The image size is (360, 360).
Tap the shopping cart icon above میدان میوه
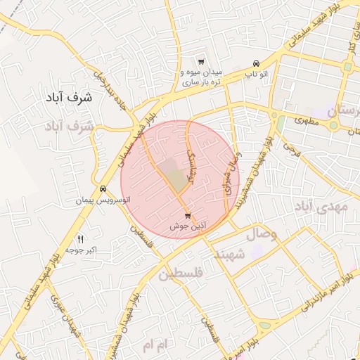(201, 62)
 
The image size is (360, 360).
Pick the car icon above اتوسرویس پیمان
(103, 188)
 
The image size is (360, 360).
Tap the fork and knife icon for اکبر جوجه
(79, 239)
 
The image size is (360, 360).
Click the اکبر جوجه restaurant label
(82, 250)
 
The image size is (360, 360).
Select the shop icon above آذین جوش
(187, 216)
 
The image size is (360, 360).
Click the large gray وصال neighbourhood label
(262, 234)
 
